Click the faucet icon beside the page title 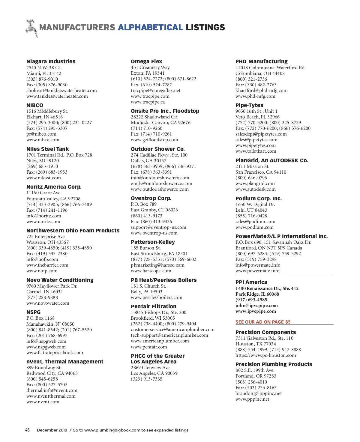(31, 28)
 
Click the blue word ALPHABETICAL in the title (150, 28)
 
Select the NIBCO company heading (35, 105)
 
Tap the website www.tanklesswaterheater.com (57, 96)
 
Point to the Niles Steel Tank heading (47, 149)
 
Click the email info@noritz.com (43, 216)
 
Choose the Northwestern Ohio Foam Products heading (73, 231)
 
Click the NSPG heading (33, 312)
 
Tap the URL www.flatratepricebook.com (55, 353)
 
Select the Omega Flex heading (146, 61)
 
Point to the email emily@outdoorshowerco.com (161, 184)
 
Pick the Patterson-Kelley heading (153, 242)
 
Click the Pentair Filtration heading (154, 306)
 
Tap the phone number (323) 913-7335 (146, 379)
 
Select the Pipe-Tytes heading (249, 105)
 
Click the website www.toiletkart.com (256, 151)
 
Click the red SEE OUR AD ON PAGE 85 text (263, 322)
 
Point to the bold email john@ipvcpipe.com (256, 306)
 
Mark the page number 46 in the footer (27, 430)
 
